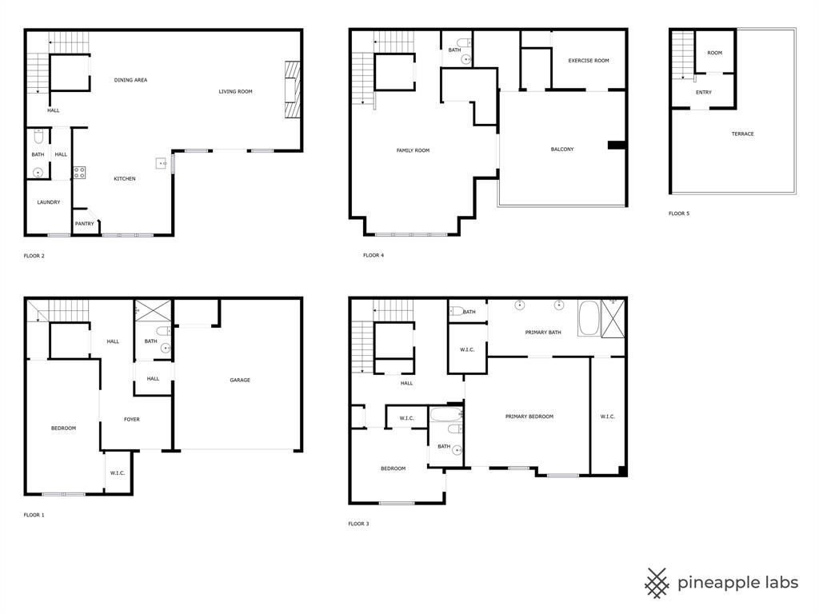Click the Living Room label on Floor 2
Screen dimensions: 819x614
pyautogui.click(x=235, y=91)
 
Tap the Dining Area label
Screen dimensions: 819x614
pyautogui.click(x=130, y=80)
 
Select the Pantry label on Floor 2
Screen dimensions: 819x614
pyautogui.click(x=84, y=224)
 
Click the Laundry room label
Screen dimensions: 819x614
pyautogui.click(x=49, y=202)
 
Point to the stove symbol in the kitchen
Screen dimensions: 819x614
pyautogui.click(x=79, y=173)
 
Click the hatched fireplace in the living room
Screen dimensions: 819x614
pyautogui.click(x=293, y=90)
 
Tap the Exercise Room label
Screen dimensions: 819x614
pyautogui.click(x=589, y=61)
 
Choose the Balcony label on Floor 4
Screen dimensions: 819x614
pyautogui.click(x=562, y=150)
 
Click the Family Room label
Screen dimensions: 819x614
pyautogui.click(x=413, y=150)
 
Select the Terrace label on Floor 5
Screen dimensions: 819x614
pyautogui.click(x=742, y=134)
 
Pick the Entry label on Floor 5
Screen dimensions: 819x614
pyautogui.click(x=704, y=93)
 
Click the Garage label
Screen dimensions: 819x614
pyautogui.click(x=240, y=380)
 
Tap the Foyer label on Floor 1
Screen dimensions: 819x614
pyautogui.click(x=132, y=419)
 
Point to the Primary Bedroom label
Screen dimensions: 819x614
pyautogui.click(x=529, y=417)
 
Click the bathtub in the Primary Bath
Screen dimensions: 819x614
pyautogui.click(x=589, y=318)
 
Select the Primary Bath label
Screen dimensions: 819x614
pyautogui.click(x=543, y=332)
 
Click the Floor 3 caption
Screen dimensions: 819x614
pyautogui.click(x=358, y=524)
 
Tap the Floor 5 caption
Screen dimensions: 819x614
pyautogui.click(x=678, y=213)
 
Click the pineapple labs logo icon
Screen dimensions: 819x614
pyautogui.click(x=657, y=583)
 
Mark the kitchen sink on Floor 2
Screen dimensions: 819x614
pyautogui.click(x=161, y=163)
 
